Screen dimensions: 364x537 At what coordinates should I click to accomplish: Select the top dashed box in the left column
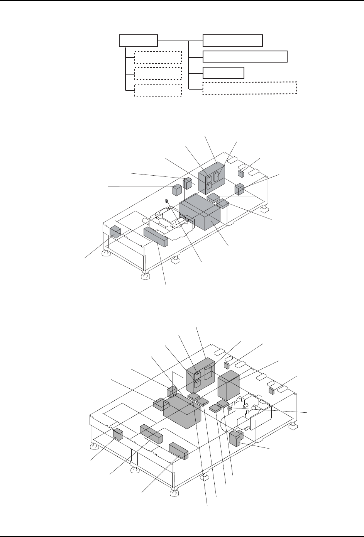tap(157, 57)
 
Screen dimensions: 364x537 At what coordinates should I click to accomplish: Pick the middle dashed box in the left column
tap(157, 73)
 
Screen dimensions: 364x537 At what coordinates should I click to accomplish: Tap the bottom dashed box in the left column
tap(157, 90)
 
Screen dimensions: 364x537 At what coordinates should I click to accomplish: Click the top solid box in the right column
tap(233, 40)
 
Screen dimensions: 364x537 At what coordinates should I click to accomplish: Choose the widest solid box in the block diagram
tap(245, 56)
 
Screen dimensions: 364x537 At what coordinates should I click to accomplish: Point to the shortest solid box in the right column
tap(223, 73)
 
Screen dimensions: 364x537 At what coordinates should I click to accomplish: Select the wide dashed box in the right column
tap(249, 88)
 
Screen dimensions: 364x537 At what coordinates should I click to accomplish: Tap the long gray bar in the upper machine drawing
tap(156, 236)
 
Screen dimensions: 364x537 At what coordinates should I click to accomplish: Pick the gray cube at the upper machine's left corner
tap(115, 232)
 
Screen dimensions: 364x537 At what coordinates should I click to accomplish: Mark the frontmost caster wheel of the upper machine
tap(145, 277)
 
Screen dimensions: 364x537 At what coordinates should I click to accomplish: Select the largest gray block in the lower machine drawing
tap(182, 413)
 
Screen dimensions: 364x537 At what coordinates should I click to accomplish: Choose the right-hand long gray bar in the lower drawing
tap(178, 451)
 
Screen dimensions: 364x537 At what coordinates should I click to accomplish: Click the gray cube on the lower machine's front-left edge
tap(118, 435)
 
